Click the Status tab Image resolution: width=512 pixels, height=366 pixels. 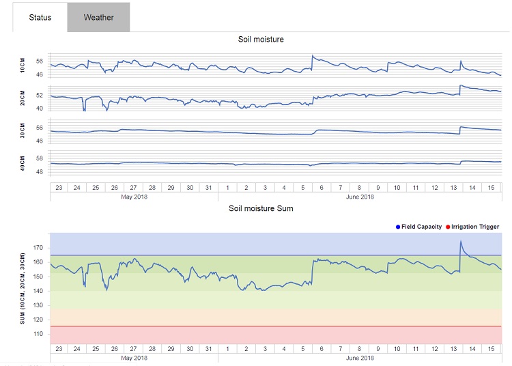pyautogui.click(x=40, y=17)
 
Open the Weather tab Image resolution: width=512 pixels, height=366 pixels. pyautogui.click(x=98, y=17)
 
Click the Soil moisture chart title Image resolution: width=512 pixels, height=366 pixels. pyautogui.click(x=261, y=40)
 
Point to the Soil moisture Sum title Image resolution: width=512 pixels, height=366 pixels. pyautogui.click(x=261, y=208)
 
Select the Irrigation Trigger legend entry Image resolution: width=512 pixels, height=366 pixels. pyautogui.click(x=472, y=227)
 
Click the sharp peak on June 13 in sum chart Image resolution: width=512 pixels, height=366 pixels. pyautogui.click(x=461, y=241)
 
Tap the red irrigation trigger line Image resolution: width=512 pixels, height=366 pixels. pyautogui.click(x=273, y=326)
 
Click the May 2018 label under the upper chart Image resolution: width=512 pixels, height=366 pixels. pyautogui.click(x=134, y=197)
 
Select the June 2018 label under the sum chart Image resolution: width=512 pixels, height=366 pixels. pyautogui.click(x=360, y=358)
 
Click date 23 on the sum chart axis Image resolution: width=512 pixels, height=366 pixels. pyautogui.click(x=59, y=348)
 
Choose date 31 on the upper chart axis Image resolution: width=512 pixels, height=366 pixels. pyautogui.click(x=209, y=188)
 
